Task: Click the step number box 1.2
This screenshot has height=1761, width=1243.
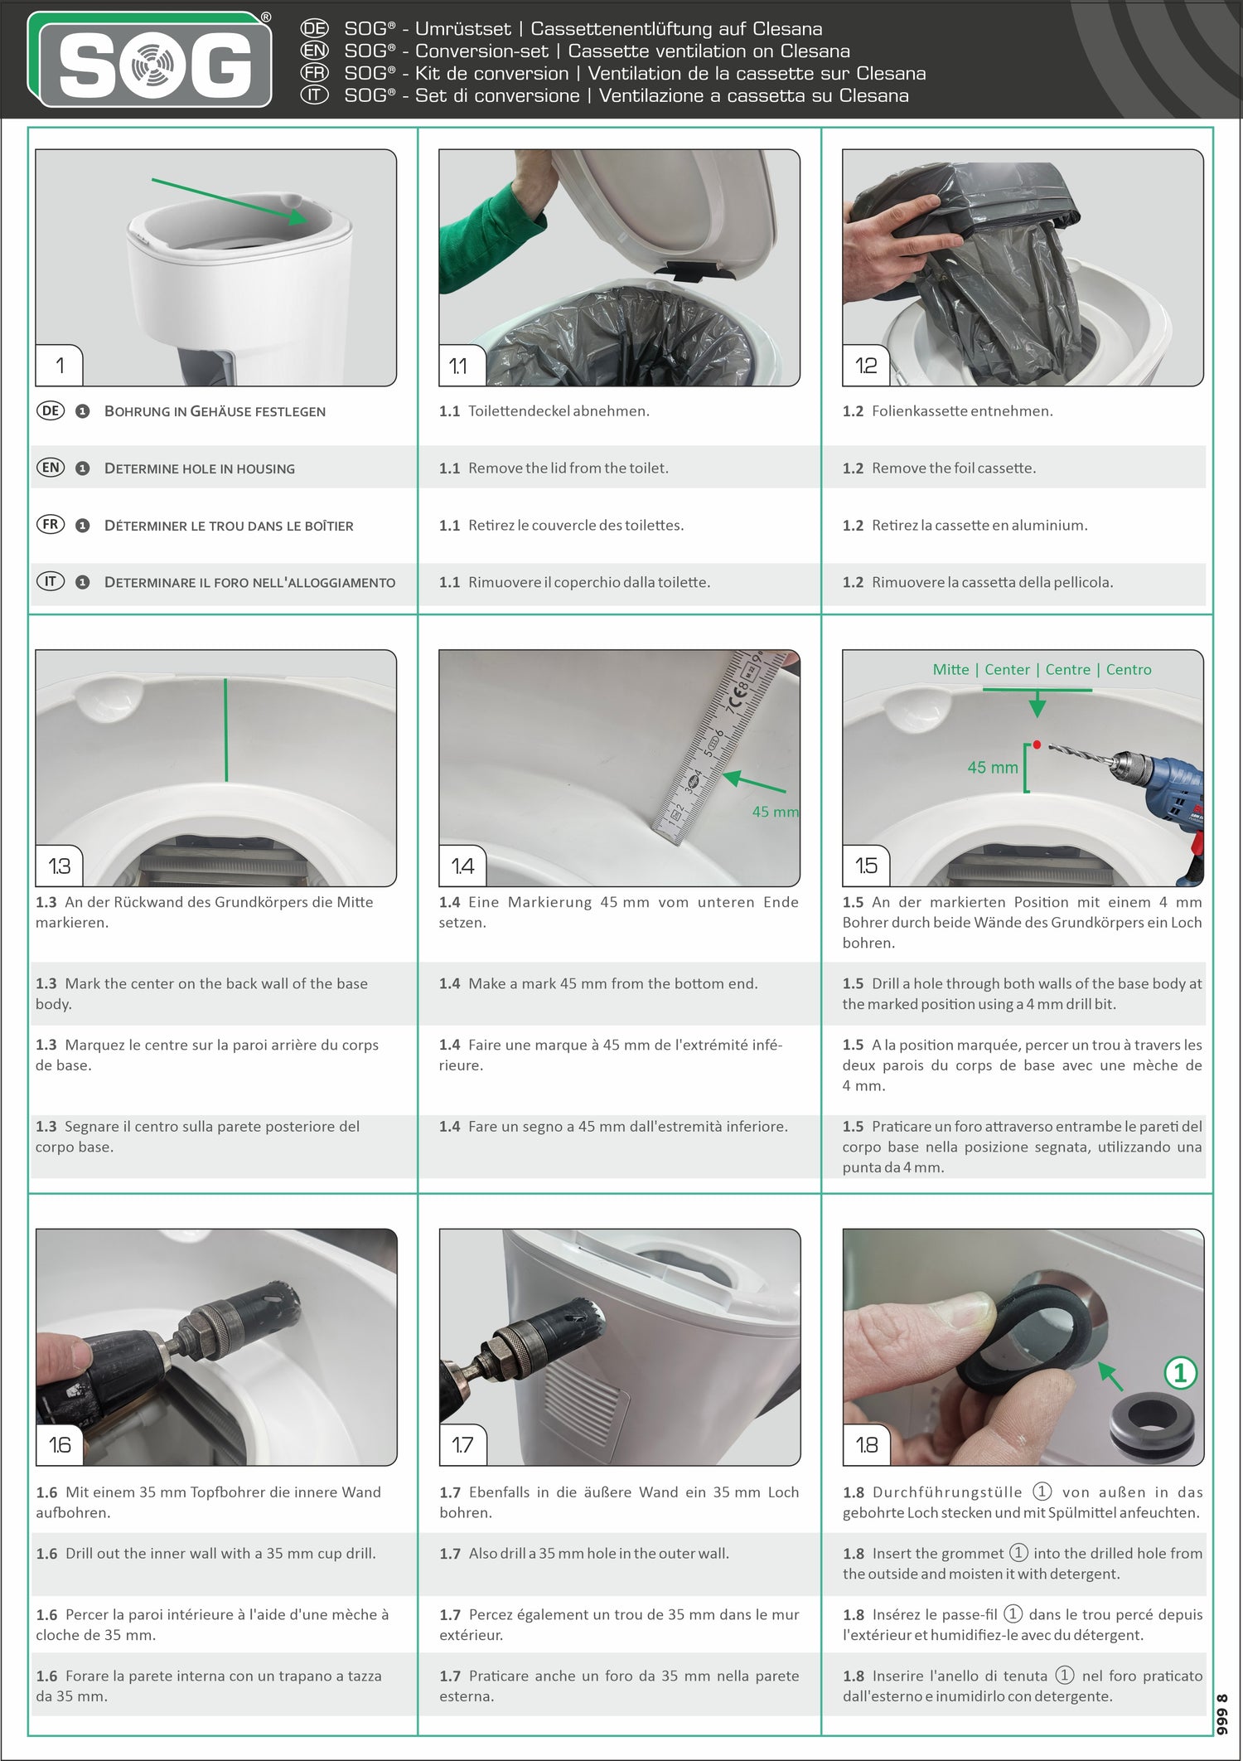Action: (865, 366)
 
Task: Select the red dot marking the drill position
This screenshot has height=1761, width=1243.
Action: (1037, 745)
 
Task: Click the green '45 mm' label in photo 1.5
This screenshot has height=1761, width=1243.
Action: (992, 768)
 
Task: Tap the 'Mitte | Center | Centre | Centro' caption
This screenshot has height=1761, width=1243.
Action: (1042, 670)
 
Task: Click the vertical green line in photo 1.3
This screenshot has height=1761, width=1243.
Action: (226, 730)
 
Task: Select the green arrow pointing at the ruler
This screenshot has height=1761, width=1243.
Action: (753, 782)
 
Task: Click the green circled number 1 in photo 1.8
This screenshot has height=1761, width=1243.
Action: (1180, 1373)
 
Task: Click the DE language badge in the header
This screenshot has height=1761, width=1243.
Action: (314, 29)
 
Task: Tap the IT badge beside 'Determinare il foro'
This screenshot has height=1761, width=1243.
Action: (51, 582)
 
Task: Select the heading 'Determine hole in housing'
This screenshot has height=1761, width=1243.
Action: (199, 468)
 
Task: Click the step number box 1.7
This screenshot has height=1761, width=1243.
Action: (462, 1445)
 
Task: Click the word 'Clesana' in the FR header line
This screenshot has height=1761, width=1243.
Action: (891, 74)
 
